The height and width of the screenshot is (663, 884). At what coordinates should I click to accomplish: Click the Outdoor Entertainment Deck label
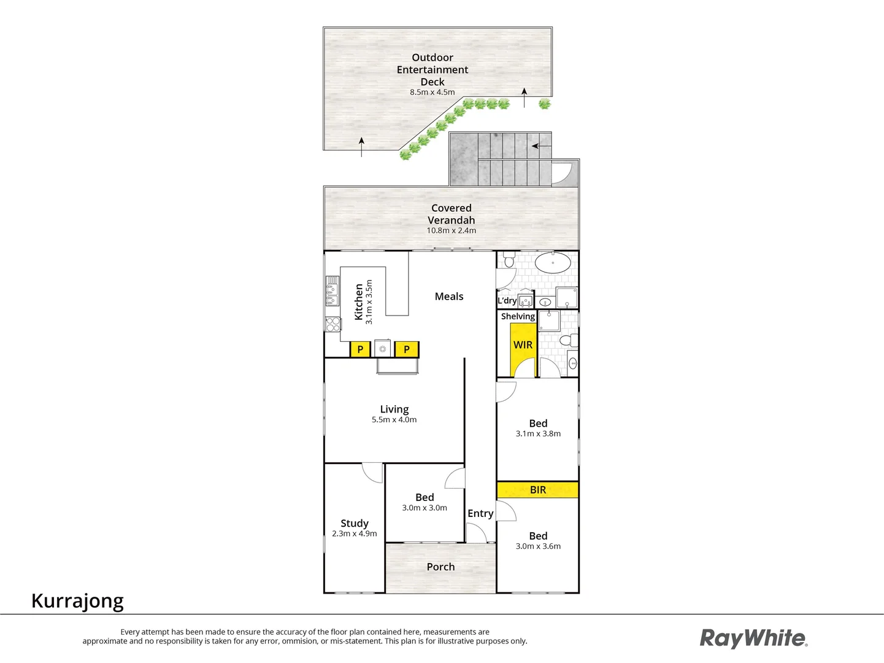pyautogui.click(x=432, y=69)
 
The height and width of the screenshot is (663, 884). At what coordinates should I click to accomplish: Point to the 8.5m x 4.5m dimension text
pyautogui.click(x=432, y=93)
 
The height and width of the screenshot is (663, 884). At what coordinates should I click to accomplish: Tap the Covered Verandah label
pyautogui.click(x=452, y=214)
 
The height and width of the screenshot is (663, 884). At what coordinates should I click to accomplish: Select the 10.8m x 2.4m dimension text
pyautogui.click(x=452, y=231)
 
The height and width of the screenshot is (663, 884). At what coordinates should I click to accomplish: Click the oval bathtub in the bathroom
pyautogui.click(x=553, y=263)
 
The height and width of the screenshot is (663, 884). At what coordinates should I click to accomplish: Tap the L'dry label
pyautogui.click(x=507, y=301)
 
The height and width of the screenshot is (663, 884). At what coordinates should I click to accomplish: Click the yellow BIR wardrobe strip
pyautogui.click(x=537, y=490)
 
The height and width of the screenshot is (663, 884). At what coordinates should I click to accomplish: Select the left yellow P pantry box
pyautogui.click(x=360, y=349)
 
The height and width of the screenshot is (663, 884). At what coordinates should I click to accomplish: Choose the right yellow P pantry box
pyautogui.click(x=406, y=349)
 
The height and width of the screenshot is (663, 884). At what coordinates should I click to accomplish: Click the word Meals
pyautogui.click(x=449, y=297)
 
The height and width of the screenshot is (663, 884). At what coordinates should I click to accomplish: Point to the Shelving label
pyautogui.click(x=518, y=317)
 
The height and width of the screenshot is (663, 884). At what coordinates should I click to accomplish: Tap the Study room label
pyautogui.click(x=355, y=524)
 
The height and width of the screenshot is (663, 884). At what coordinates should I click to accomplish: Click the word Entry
pyautogui.click(x=480, y=514)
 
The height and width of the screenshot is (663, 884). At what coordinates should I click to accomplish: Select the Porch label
pyautogui.click(x=441, y=567)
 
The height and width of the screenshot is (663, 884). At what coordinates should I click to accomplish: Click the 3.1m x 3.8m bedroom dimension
pyautogui.click(x=538, y=434)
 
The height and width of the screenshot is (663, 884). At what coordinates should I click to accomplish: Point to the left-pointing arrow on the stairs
pyautogui.click(x=536, y=146)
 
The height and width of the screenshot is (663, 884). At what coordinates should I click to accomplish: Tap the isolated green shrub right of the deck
pyautogui.click(x=545, y=104)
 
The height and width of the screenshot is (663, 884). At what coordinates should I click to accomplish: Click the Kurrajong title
pyautogui.click(x=78, y=600)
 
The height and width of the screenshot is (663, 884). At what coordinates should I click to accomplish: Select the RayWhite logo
pyautogui.click(x=754, y=638)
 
